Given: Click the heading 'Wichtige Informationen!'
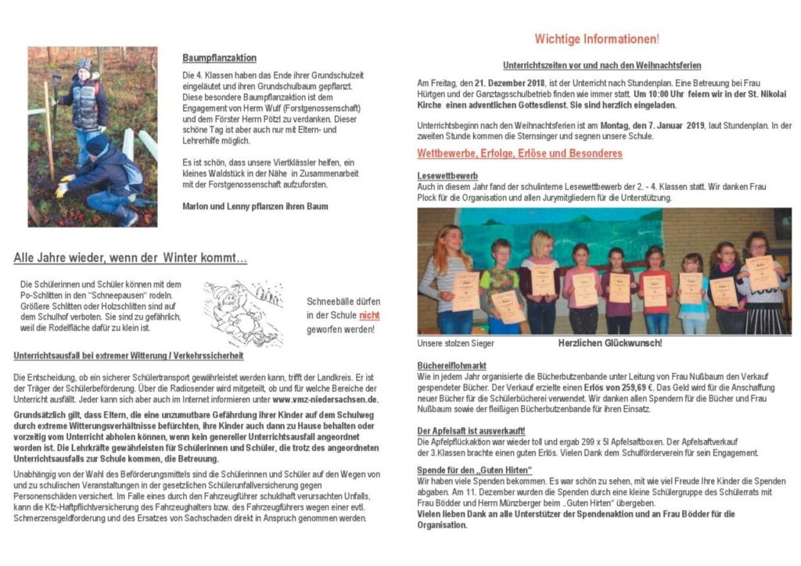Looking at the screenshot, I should [596, 38].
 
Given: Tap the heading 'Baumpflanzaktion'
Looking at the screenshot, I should [219, 58].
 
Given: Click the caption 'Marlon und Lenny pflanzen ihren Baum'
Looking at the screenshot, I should [255, 206].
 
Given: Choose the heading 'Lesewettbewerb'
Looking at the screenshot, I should [447, 176].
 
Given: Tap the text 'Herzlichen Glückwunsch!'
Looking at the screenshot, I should [610, 343].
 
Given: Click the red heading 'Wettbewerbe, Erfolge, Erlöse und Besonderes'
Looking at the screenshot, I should [519, 153].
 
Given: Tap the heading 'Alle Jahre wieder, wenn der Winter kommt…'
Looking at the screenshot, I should [130, 258].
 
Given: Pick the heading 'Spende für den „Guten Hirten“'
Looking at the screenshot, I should [475, 469].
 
